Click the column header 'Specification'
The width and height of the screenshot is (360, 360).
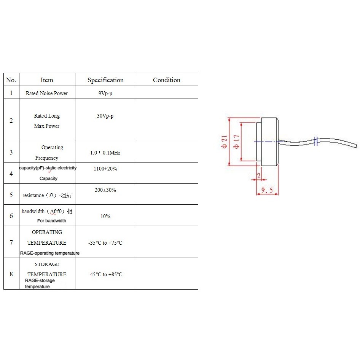[x=105, y=80]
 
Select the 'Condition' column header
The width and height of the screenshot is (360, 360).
[x=166, y=80]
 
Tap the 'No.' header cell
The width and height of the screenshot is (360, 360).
[x=11, y=80]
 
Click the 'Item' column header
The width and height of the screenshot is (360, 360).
[x=47, y=80]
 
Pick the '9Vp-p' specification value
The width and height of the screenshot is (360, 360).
[x=105, y=93]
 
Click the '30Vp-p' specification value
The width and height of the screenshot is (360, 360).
[x=105, y=116]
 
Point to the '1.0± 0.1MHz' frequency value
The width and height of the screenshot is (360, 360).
[x=105, y=153]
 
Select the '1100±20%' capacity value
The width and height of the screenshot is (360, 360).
[x=105, y=169]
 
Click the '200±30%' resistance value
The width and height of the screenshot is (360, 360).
[x=105, y=190]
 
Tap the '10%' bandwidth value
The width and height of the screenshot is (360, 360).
[x=105, y=216]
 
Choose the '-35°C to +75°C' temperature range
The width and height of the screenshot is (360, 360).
[x=105, y=243]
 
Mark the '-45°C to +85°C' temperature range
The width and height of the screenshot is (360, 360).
[x=105, y=274]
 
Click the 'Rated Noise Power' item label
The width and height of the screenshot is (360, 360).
[x=47, y=93]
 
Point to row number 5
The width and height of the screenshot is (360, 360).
[x=11, y=195]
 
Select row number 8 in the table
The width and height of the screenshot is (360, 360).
[x=11, y=274]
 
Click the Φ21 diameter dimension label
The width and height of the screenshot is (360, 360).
[x=224, y=142]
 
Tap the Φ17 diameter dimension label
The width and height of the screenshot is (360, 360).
[x=236, y=142]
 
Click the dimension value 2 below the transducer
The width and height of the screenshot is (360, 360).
[x=259, y=175]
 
